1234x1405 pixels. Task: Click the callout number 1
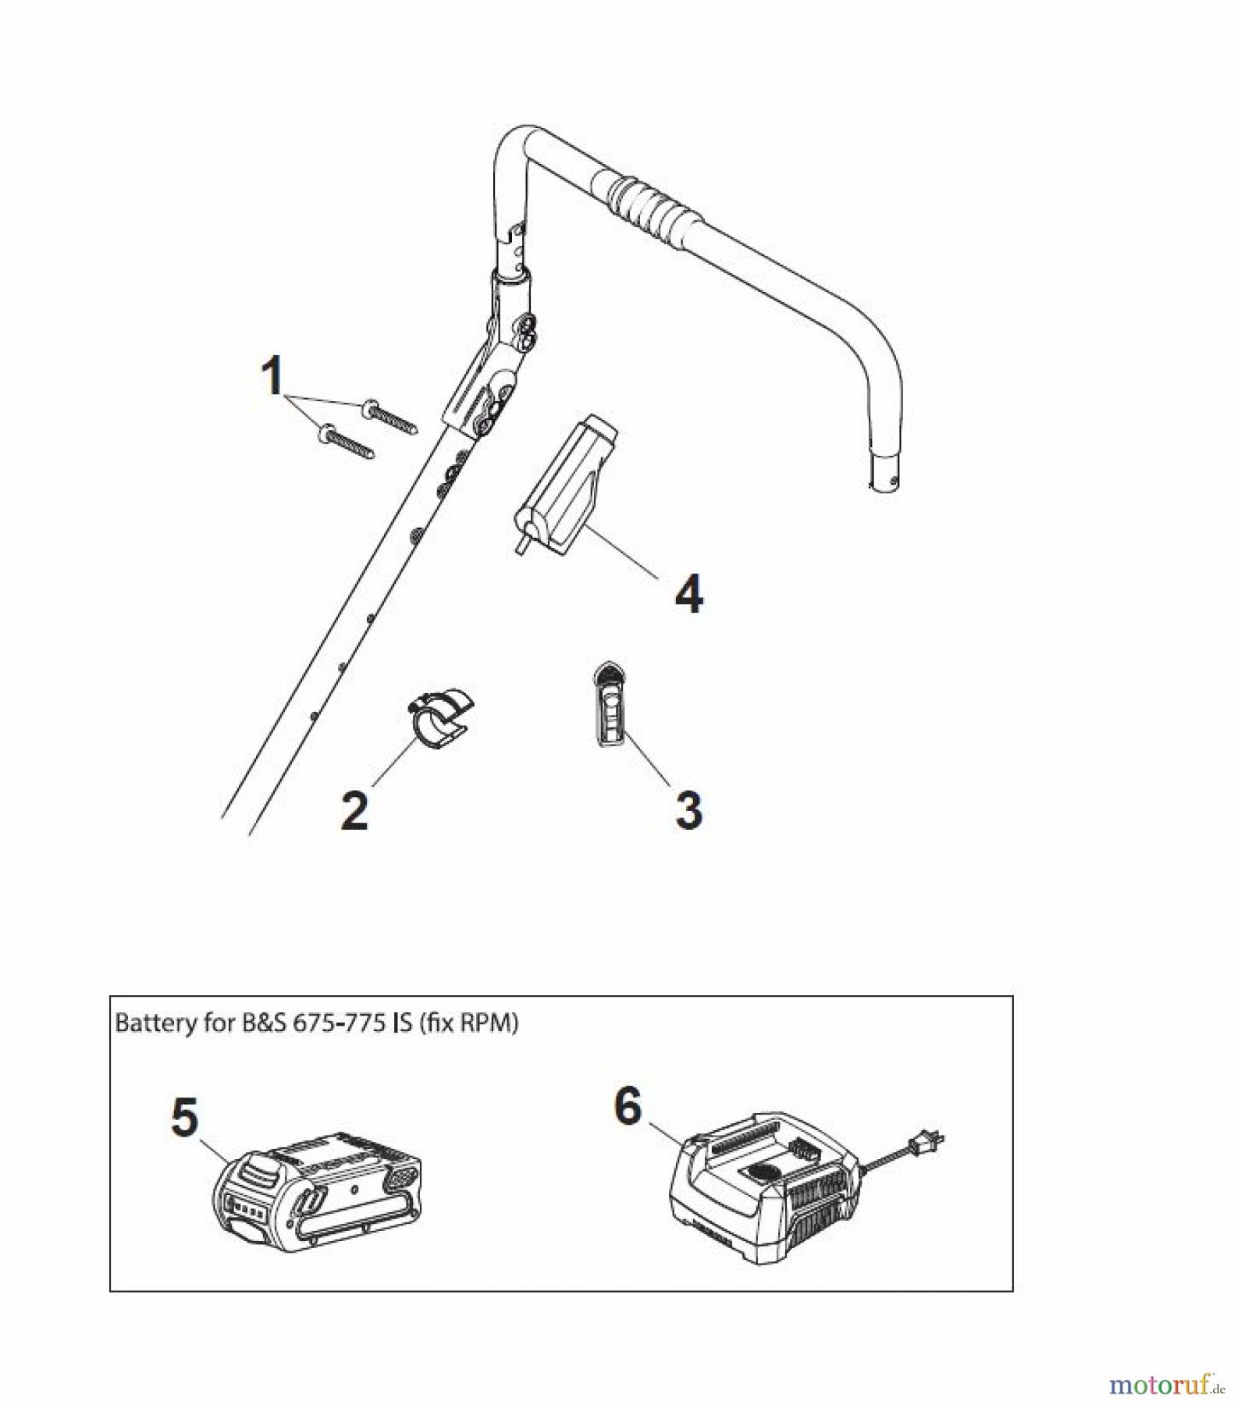[x=272, y=376]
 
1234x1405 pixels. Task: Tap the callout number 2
[x=354, y=809]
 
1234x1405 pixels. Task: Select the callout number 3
[x=688, y=809]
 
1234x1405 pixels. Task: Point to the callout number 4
[x=688, y=595]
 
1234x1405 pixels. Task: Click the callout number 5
[x=185, y=1118]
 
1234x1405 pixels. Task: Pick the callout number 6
[x=628, y=1106]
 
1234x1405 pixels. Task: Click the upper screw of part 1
[x=390, y=414]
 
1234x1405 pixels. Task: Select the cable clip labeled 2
[x=441, y=716]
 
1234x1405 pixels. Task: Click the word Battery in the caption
[x=150, y=1023]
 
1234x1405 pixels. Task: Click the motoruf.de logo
[x=1160, y=1384]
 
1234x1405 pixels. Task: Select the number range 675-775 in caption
[x=340, y=1023]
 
